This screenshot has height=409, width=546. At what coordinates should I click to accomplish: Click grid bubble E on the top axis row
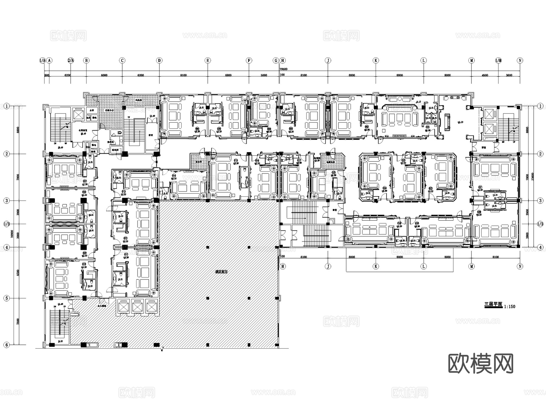point(208,60)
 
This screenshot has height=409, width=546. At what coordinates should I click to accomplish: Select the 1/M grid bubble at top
point(498,60)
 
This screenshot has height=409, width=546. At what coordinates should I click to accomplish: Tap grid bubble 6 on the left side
point(7,345)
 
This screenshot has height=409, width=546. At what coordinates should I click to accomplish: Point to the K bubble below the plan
point(376,266)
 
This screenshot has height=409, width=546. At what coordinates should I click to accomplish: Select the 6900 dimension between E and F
point(228,75)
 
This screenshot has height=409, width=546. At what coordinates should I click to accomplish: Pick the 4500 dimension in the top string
point(485,75)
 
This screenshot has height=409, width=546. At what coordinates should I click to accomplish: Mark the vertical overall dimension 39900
point(12,233)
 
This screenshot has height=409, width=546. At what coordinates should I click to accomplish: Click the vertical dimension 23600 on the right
point(533,177)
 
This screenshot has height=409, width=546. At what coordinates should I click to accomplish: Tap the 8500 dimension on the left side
point(18,272)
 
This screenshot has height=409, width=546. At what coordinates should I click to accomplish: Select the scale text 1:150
point(510,307)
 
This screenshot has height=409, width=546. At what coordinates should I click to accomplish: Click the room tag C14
point(174,176)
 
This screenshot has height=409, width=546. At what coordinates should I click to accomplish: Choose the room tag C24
point(384,188)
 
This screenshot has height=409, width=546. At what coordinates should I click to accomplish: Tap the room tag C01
point(428,127)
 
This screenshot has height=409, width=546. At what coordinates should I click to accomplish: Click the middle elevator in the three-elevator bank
point(137,307)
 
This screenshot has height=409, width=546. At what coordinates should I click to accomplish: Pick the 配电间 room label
point(115,150)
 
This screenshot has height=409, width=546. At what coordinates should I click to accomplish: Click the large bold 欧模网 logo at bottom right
point(481,363)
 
